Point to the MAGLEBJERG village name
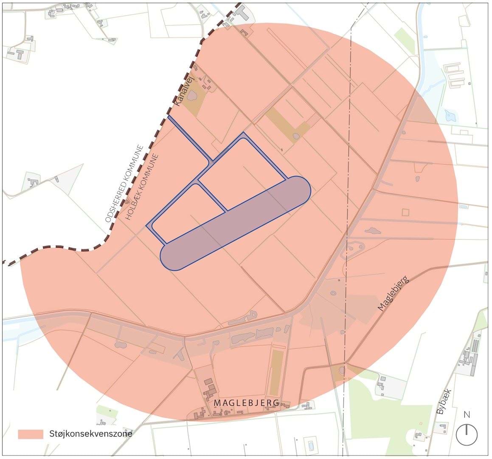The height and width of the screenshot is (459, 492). point(247,402)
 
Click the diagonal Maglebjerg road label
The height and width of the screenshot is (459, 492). point(393,293)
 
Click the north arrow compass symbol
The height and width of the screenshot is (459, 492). point(467,435)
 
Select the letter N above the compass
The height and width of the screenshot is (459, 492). point(467,415)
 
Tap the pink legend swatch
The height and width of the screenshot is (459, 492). point(31,434)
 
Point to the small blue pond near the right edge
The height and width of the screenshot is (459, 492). point(449,114)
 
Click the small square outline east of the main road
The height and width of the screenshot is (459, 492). point(405,212)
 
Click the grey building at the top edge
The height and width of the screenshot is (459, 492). point(242,12)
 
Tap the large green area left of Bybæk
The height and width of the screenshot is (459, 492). point(382,416)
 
